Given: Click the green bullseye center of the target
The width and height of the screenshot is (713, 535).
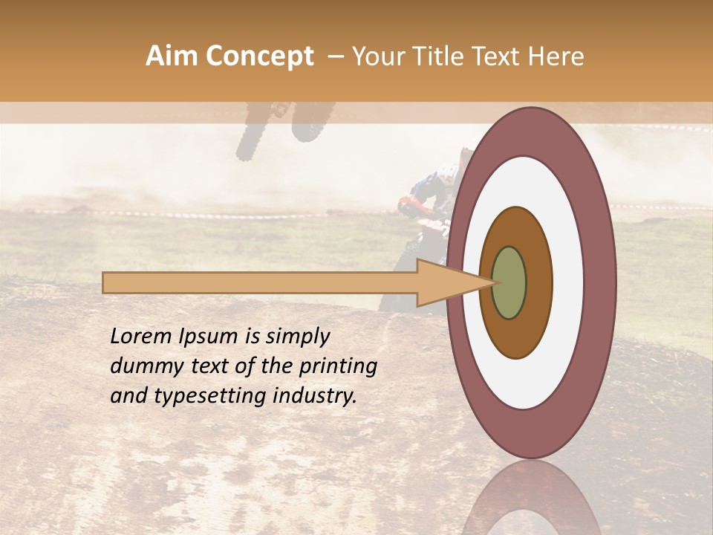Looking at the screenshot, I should tap(509, 282).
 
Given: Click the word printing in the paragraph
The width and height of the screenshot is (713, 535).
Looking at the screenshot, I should tap(339, 367).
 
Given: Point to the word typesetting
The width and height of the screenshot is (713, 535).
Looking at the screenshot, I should tap(205, 397).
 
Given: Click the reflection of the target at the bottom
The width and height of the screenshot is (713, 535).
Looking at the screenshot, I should tap(532, 498).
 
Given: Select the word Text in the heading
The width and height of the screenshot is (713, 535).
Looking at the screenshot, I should tap(504, 56).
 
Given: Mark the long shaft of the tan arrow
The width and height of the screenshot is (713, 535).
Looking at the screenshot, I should tap(260, 282).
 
